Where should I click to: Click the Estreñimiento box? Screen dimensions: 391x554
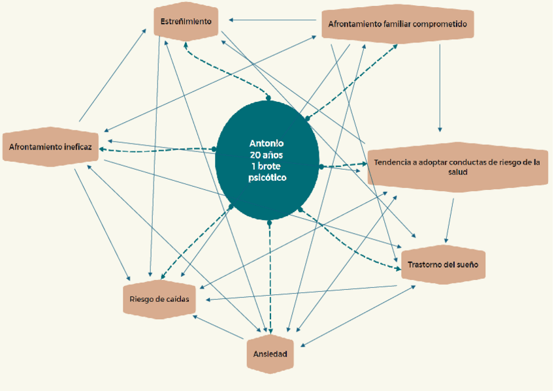click(x=186, y=21)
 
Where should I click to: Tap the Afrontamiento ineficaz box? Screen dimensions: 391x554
click(x=51, y=148)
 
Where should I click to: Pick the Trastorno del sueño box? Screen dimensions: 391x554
click(x=443, y=265)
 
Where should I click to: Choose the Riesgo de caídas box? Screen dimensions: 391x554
click(x=159, y=300)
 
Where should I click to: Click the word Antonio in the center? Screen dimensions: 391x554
click(x=267, y=143)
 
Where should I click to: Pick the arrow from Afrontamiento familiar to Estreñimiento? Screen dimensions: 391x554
click(x=274, y=20)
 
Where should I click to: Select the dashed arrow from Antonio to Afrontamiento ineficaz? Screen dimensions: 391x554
click(x=157, y=151)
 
